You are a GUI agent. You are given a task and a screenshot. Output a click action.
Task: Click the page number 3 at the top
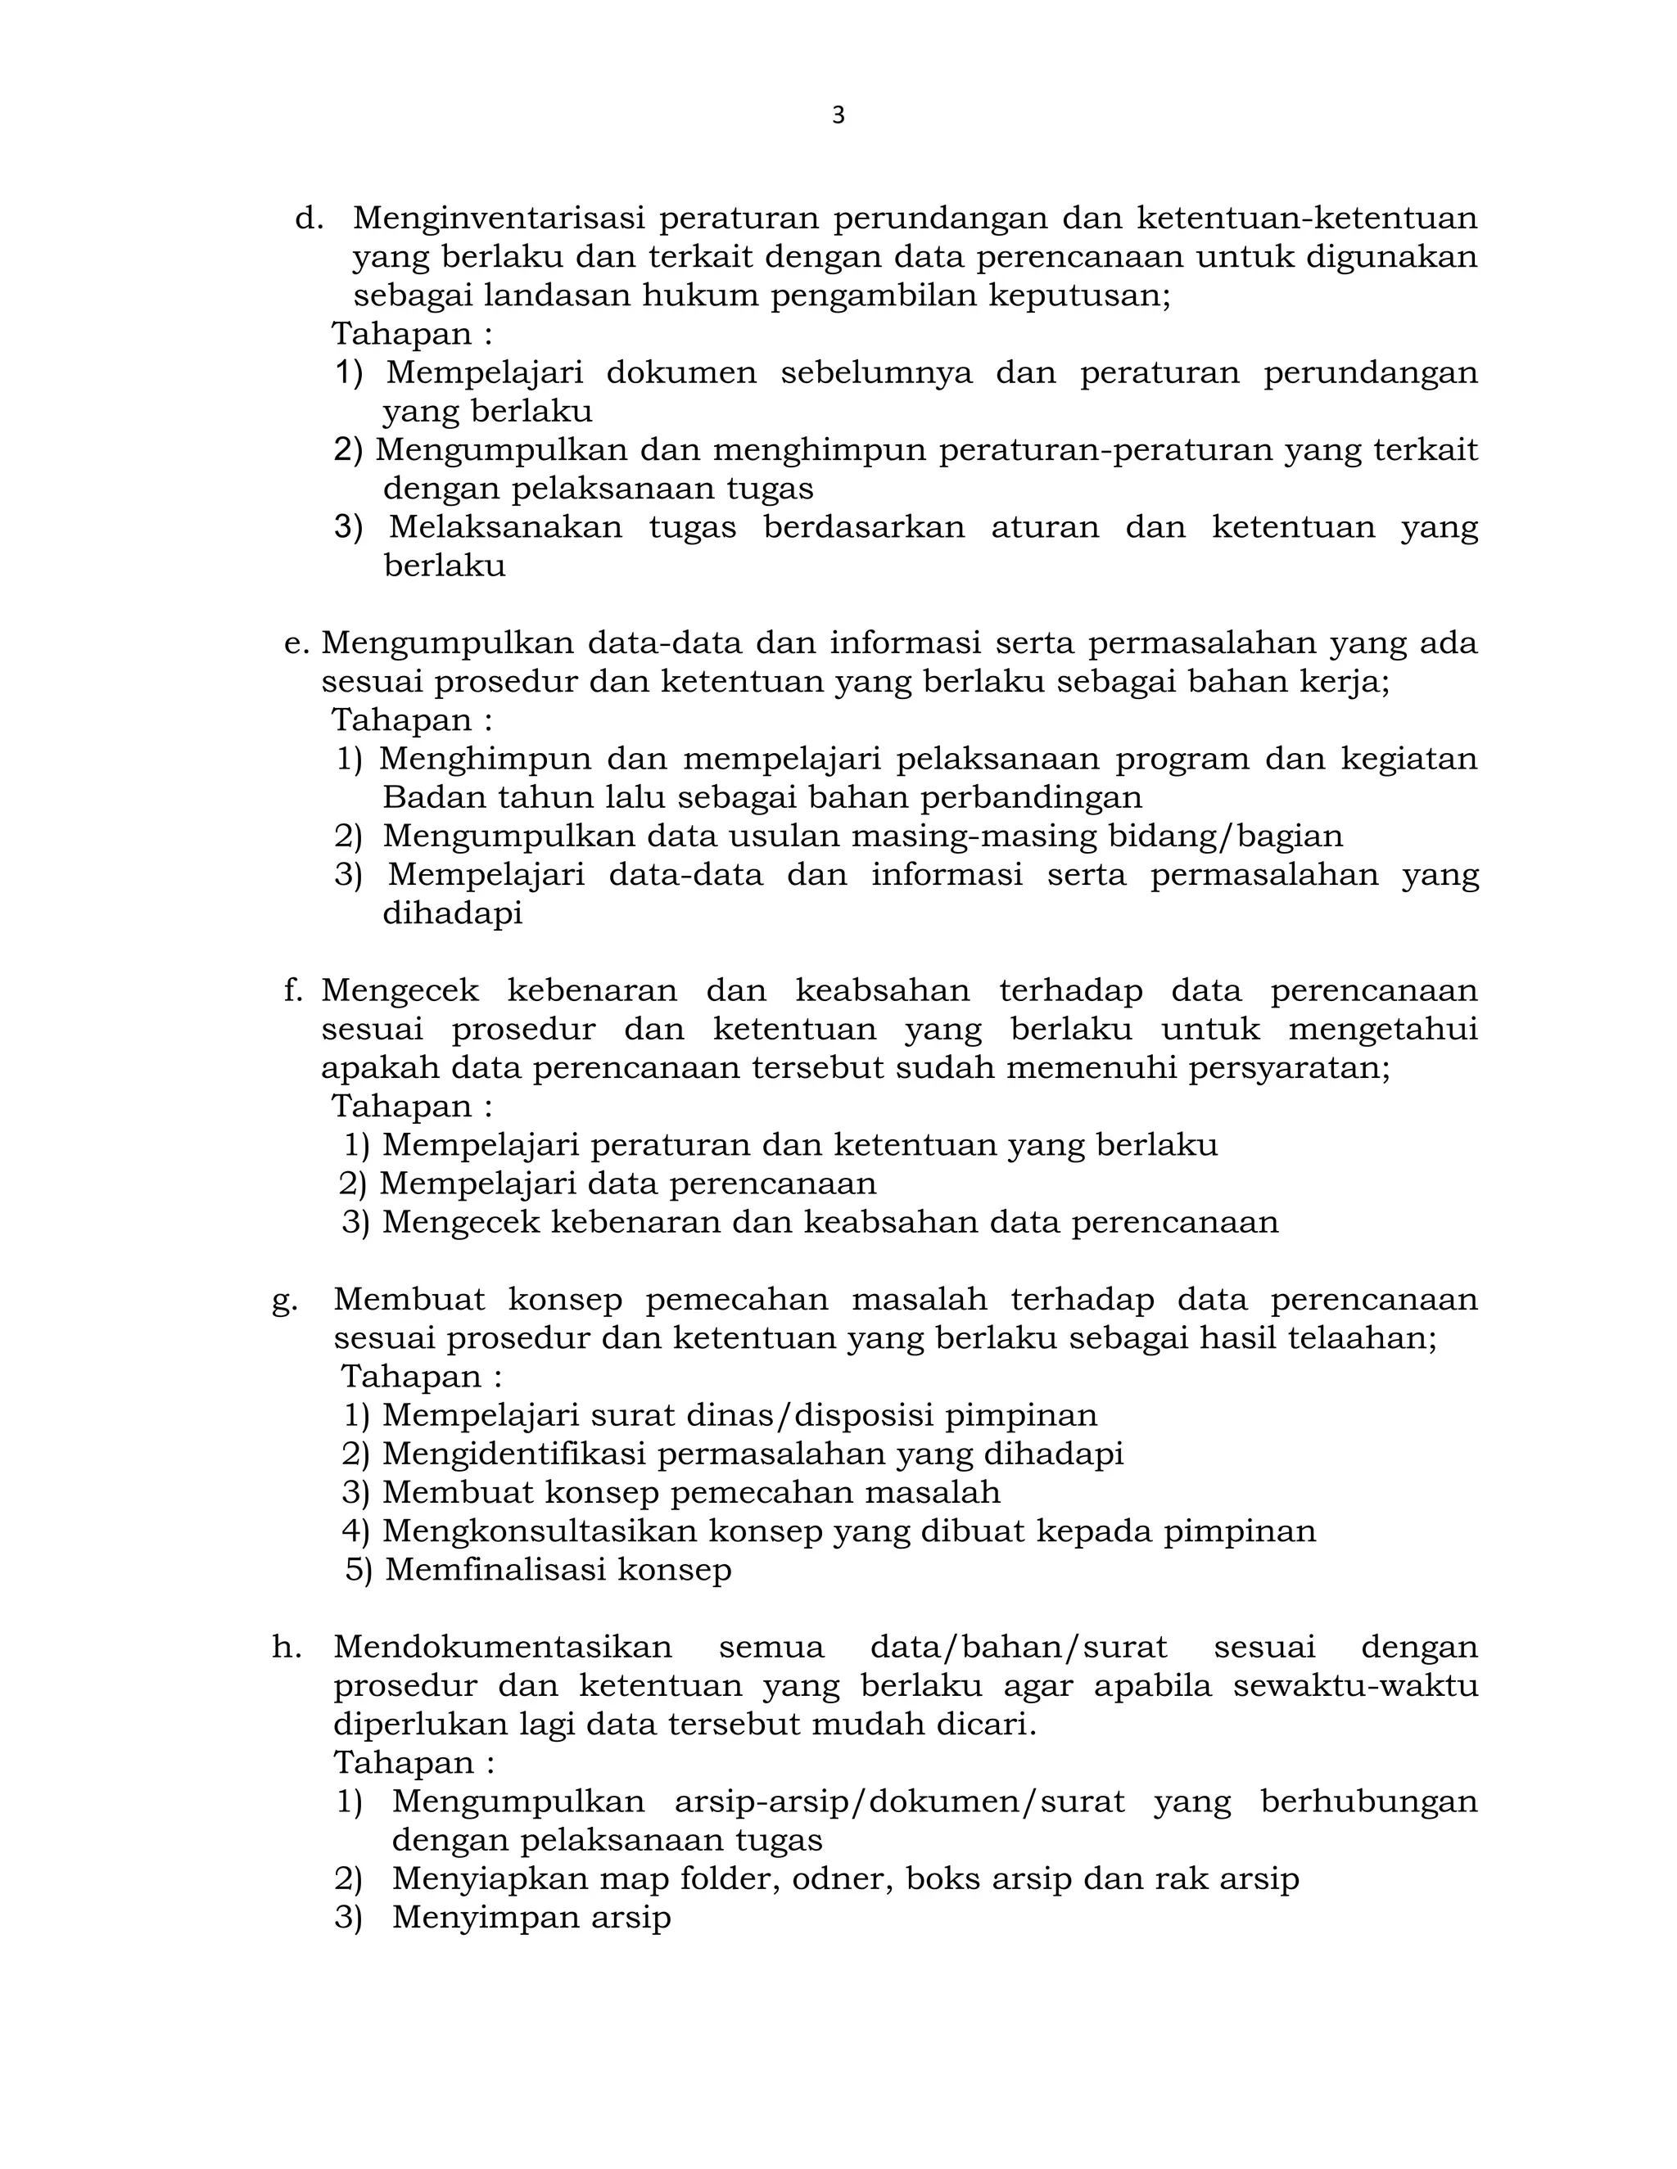coord(838,116)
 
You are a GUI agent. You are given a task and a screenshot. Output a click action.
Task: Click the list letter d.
coord(309,218)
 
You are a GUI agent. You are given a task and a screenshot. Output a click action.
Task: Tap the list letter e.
coord(296,643)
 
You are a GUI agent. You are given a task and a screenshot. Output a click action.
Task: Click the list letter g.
coord(284,1300)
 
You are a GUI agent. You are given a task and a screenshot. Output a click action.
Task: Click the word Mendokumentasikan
coord(503,1648)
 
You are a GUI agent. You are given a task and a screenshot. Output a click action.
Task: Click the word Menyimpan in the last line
coord(485,1918)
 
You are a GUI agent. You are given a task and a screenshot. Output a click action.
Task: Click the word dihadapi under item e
coord(452,913)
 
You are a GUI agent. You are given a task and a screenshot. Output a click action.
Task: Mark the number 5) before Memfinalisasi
coord(358,1570)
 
